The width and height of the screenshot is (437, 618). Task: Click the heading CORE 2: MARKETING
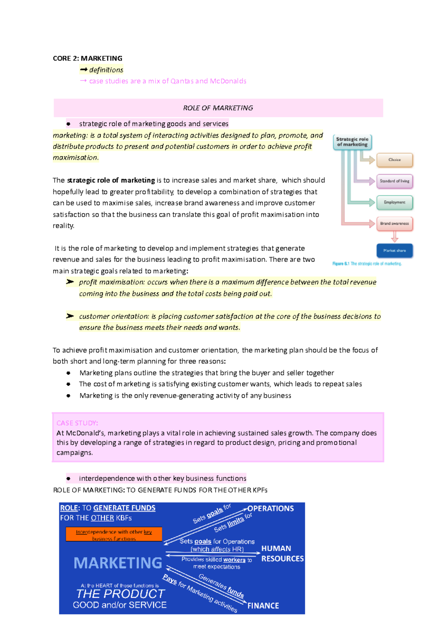pyautogui.click(x=87, y=58)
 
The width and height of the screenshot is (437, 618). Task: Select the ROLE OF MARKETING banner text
pyautogui.click(x=218, y=108)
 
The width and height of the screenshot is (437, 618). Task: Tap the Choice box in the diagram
pyautogui.click(x=394, y=160)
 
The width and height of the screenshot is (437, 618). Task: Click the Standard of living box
pyautogui.click(x=394, y=181)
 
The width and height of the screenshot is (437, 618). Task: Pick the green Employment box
pyautogui.click(x=394, y=202)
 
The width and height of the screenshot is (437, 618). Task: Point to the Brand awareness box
pyautogui.click(x=394, y=224)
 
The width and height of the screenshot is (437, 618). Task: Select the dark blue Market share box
pyautogui.click(x=394, y=251)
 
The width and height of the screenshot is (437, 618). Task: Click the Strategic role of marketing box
pyautogui.click(x=352, y=142)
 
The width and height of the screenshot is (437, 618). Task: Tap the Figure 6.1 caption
pyautogui.click(x=367, y=264)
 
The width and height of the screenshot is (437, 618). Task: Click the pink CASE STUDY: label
pyautogui.click(x=77, y=423)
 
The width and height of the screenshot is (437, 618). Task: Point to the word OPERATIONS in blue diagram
pyautogui.click(x=271, y=508)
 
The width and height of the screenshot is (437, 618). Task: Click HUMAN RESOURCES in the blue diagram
pyautogui.click(x=282, y=553)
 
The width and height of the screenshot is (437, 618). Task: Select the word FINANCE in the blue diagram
pyautogui.click(x=263, y=606)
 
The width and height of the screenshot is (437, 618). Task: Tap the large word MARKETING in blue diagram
pyautogui.click(x=118, y=563)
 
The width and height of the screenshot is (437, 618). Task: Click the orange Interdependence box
pyautogui.click(x=114, y=535)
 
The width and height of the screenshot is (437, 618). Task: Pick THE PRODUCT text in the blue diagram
pyautogui.click(x=121, y=594)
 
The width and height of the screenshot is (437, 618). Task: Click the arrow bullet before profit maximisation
pyautogui.click(x=70, y=282)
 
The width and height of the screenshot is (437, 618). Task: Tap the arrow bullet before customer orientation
pyautogui.click(x=70, y=316)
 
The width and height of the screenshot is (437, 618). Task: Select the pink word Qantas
pyautogui.click(x=182, y=81)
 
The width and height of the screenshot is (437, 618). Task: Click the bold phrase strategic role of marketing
pyautogui.click(x=111, y=180)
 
